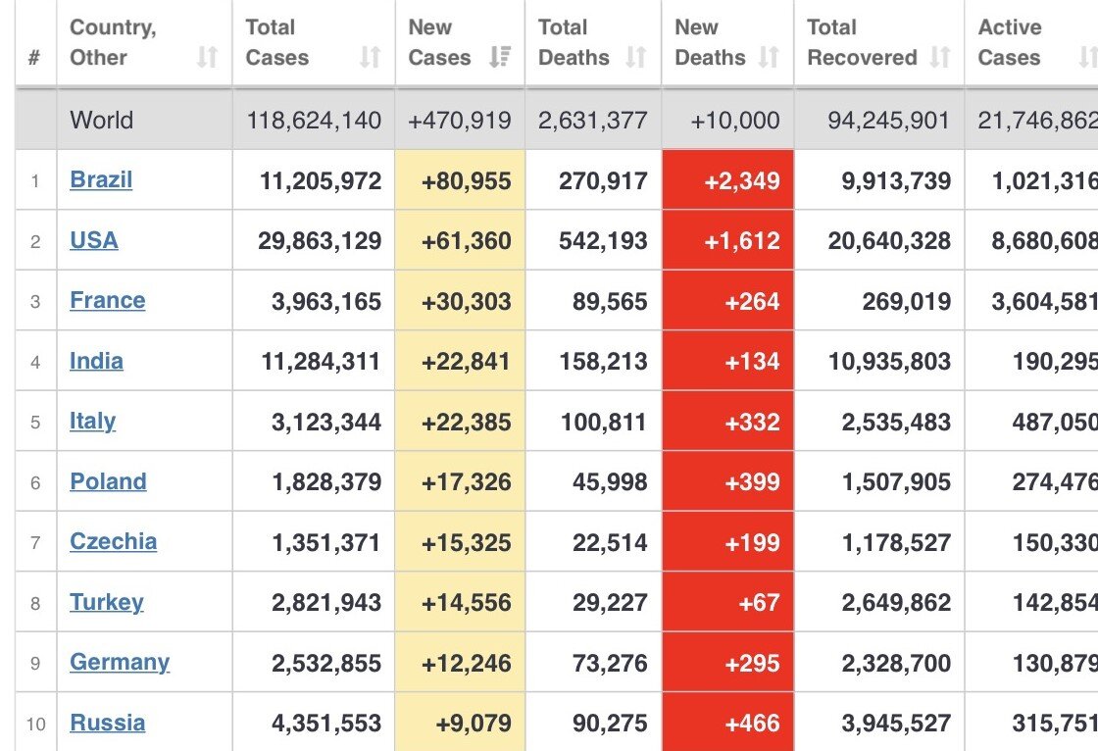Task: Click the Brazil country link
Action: click(101, 180)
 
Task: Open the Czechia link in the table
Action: click(114, 541)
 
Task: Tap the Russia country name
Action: click(108, 723)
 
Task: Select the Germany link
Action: click(120, 662)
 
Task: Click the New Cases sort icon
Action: click(499, 57)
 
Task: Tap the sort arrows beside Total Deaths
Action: click(635, 57)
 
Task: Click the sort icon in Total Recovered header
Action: click(940, 57)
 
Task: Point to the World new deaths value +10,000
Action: click(735, 121)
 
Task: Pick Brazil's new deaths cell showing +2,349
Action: click(742, 181)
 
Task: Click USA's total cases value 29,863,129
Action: click(320, 241)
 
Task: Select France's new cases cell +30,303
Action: click(467, 302)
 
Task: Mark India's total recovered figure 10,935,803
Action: click(889, 362)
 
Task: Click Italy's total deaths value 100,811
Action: click(604, 422)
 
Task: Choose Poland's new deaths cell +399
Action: click(752, 482)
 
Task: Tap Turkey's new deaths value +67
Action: click(759, 603)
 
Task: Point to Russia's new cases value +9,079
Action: click(474, 723)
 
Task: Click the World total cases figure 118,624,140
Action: click(314, 121)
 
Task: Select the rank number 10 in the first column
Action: click(35, 724)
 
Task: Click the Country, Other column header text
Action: click(113, 42)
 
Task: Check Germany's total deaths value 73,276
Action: click(610, 663)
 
